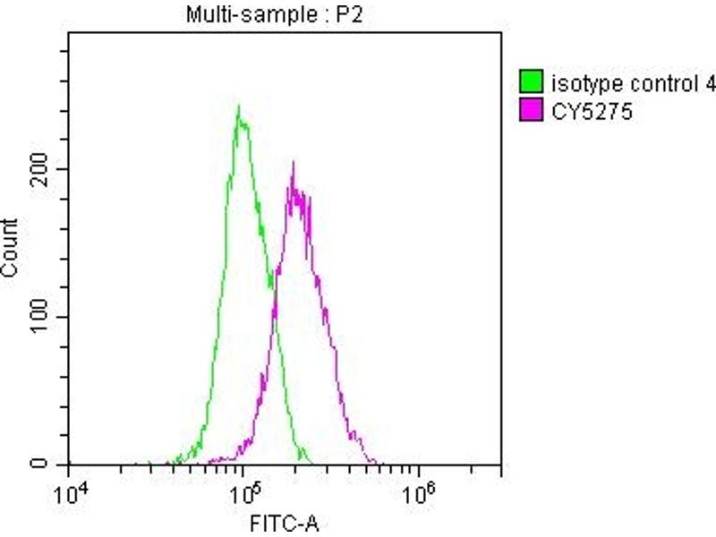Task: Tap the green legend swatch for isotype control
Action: (x=533, y=85)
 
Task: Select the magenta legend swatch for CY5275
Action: (x=533, y=112)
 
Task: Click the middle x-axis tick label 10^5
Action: (x=242, y=493)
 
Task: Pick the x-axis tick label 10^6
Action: (x=415, y=493)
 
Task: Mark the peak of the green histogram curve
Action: (x=238, y=108)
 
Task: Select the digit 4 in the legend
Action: (x=711, y=85)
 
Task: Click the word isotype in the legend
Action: (x=577, y=85)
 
